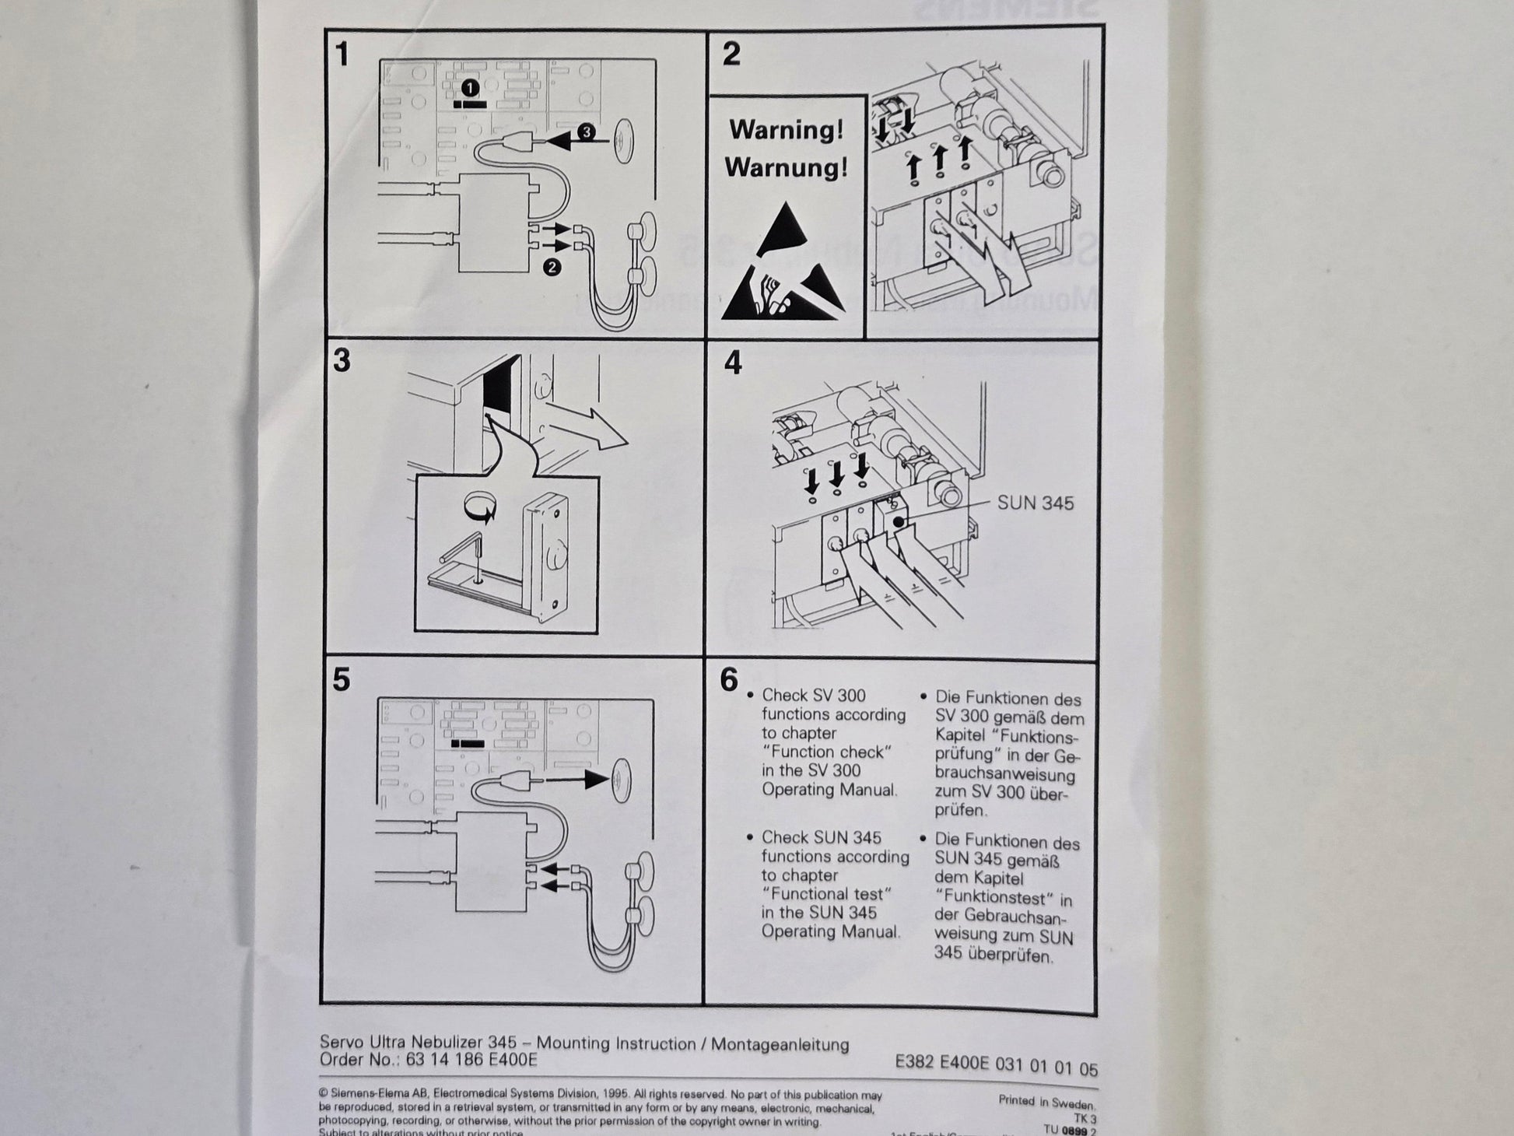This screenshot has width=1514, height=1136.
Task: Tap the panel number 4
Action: (x=733, y=363)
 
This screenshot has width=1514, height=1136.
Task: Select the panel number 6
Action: (x=728, y=680)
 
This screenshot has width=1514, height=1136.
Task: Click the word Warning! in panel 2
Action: (x=786, y=130)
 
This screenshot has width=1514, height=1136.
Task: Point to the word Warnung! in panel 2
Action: (x=786, y=167)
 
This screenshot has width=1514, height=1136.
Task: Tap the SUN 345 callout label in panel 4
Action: (x=1035, y=503)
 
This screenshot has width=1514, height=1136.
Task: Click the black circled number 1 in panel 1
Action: (x=469, y=88)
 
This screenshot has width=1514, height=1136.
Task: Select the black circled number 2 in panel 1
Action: (x=552, y=268)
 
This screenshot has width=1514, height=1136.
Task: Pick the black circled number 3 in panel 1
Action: (x=586, y=132)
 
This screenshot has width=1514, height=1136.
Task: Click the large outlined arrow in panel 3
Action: (x=587, y=427)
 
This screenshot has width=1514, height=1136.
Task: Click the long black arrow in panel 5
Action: (x=576, y=778)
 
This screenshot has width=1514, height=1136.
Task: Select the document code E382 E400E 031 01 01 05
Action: (x=996, y=1067)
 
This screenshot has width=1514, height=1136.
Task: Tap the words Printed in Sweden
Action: (x=1046, y=1103)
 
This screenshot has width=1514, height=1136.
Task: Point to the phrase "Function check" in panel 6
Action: (x=826, y=752)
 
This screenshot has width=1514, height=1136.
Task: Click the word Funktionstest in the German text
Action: (x=994, y=898)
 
